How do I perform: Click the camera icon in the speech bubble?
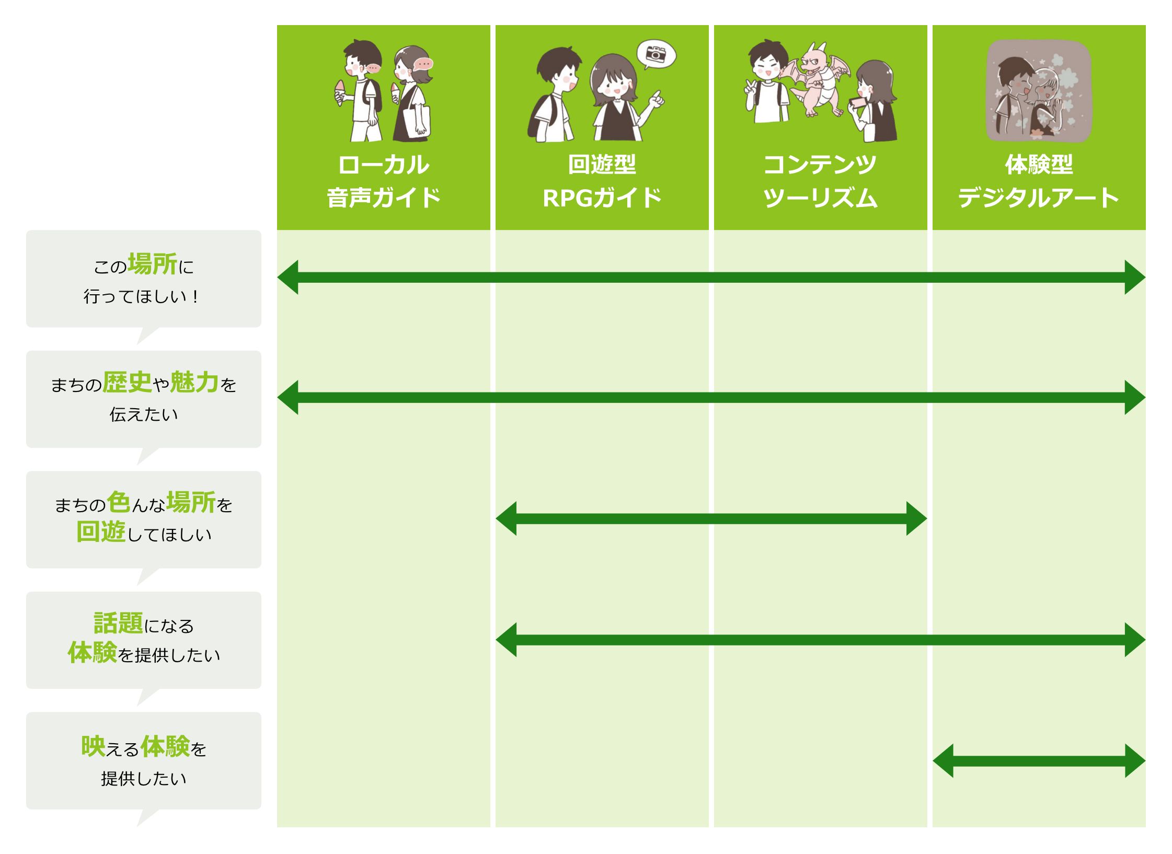656,54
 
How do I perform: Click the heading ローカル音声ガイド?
384,181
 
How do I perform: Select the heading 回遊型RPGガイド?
602,181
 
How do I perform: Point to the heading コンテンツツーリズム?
820,181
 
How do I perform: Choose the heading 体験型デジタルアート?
1039,181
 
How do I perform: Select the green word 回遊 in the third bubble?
101,532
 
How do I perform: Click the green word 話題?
118,623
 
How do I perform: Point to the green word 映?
93,746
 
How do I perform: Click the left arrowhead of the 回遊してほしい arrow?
506,518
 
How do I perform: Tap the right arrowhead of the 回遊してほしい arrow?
916,518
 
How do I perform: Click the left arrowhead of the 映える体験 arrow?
943,760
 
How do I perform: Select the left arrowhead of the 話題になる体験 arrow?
506,640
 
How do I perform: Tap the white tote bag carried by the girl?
417,121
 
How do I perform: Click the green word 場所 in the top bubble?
153,264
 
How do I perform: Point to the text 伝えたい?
144,414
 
